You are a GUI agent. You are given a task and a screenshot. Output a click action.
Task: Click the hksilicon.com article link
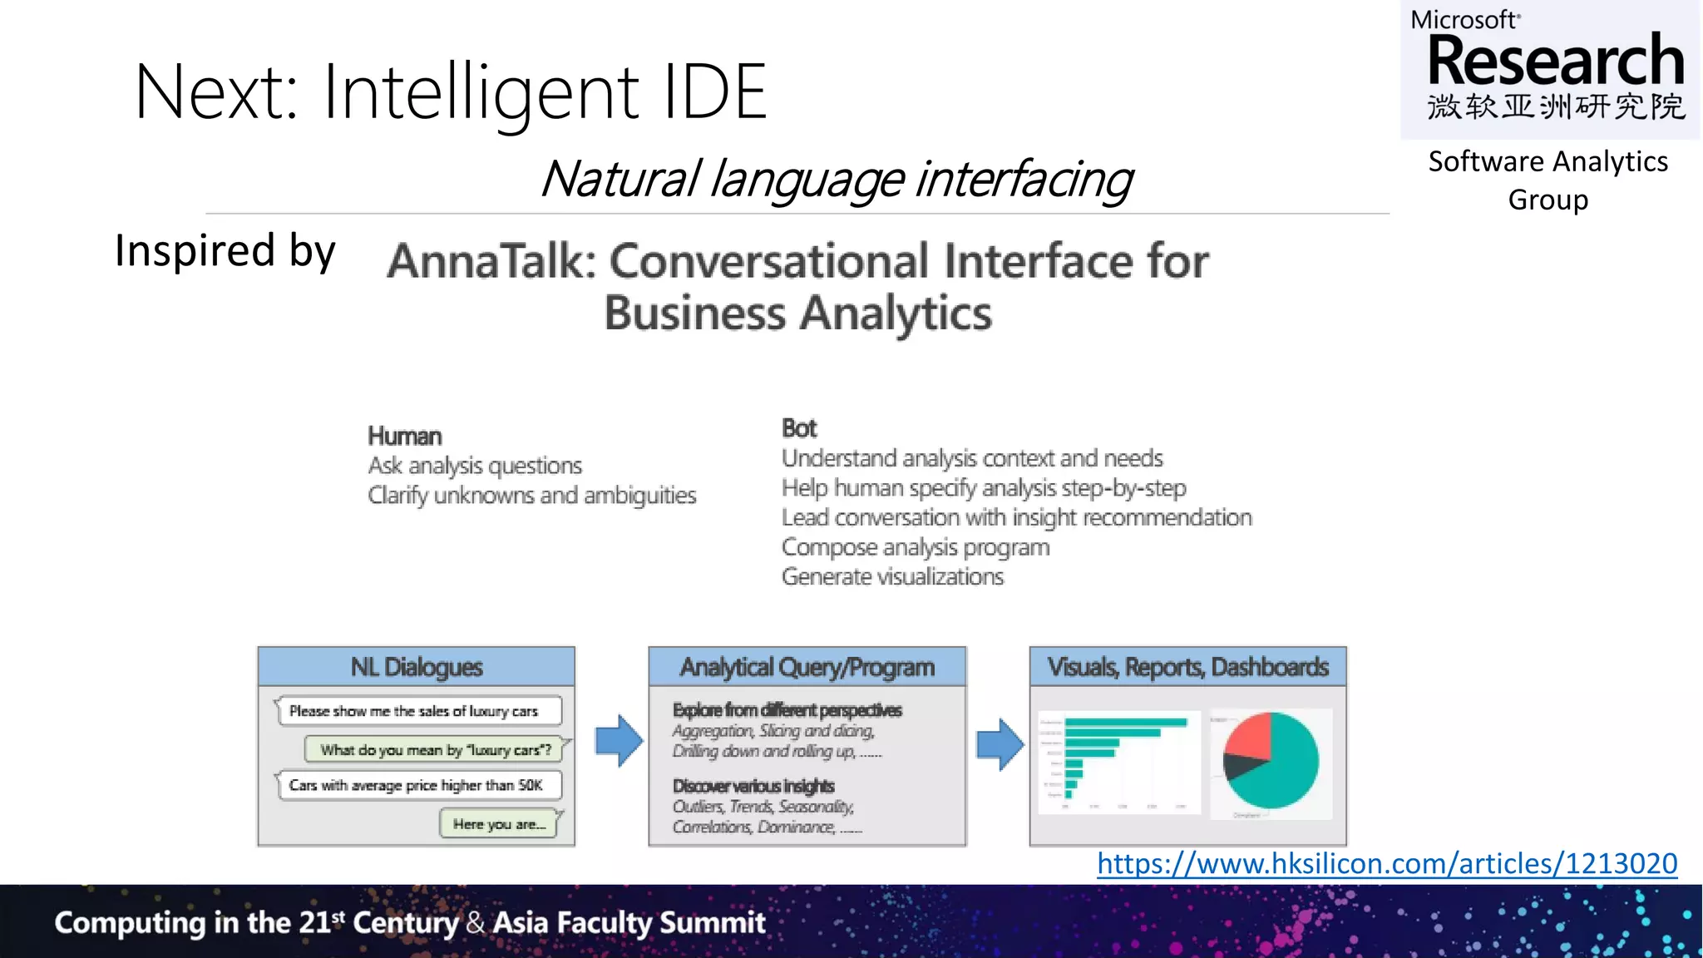click(1386, 864)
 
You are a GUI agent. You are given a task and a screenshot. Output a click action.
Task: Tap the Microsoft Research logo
click(1551, 67)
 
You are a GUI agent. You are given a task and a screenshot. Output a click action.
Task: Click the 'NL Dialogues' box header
click(417, 667)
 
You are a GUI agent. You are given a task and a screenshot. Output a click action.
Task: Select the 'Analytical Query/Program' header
click(807, 667)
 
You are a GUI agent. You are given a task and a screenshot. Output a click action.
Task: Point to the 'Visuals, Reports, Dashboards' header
click(1187, 667)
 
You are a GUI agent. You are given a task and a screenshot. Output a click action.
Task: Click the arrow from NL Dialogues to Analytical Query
click(619, 740)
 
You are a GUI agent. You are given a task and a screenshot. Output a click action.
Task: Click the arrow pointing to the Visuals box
click(999, 743)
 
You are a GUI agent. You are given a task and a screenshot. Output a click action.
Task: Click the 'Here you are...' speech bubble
click(499, 824)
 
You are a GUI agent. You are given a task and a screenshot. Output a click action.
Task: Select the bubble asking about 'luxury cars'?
click(436, 749)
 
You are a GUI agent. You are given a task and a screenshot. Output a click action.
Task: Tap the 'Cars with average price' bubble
click(416, 785)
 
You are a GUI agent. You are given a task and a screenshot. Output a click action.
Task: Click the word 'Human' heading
click(405, 436)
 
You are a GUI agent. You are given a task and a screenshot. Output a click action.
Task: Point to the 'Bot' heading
click(799, 428)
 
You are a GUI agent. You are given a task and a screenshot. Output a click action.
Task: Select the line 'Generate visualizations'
click(892, 576)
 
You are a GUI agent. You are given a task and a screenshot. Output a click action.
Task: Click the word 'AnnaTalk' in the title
click(492, 261)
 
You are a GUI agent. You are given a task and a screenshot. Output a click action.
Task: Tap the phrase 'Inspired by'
click(225, 250)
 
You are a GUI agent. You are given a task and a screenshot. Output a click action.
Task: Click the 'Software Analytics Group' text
click(1548, 180)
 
